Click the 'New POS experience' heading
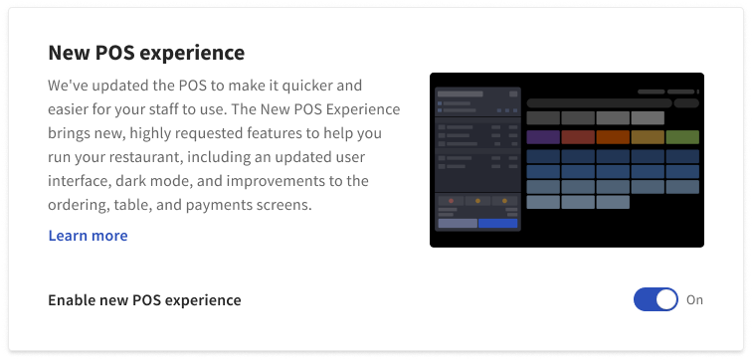(x=146, y=52)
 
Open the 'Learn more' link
(x=88, y=236)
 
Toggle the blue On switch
(x=656, y=299)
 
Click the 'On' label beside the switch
(x=694, y=299)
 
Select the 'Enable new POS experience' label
(x=144, y=299)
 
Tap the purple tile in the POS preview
(x=543, y=137)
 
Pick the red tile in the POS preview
(x=578, y=137)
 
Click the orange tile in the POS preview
(x=613, y=137)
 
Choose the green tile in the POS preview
(x=682, y=137)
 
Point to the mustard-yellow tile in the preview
(x=648, y=137)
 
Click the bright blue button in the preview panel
(x=498, y=224)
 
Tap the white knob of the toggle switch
(x=666, y=299)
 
